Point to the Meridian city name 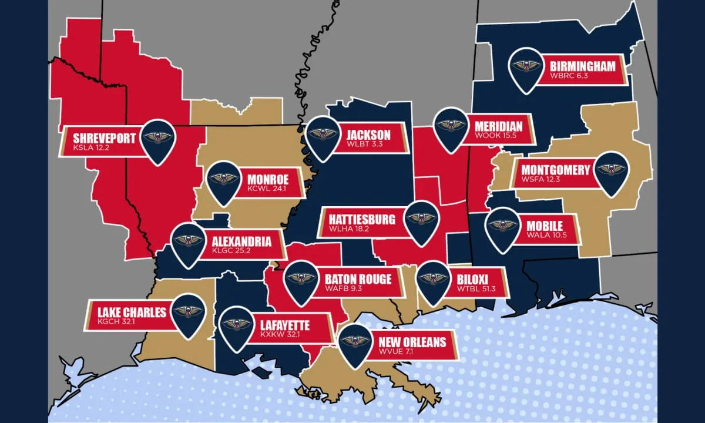(x=497, y=126)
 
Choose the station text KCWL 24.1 (x=266, y=189)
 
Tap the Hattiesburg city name (x=358, y=220)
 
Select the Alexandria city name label (x=241, y=241)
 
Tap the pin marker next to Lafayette (x=237, y=324)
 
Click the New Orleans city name (x=412, y=343)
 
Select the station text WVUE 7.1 (x=397, y=353)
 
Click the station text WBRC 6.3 (x=569, y=76)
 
